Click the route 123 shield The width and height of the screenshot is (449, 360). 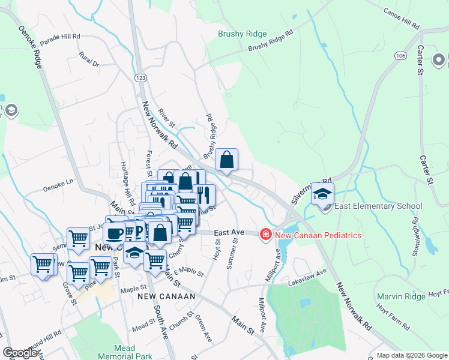tap(140, 78)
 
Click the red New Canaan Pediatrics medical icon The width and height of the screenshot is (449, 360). tap(265, 235)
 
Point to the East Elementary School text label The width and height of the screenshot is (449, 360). tap(379, 206)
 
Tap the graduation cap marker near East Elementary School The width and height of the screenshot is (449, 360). tap(322, 194)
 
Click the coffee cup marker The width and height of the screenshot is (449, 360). tap(114, 233)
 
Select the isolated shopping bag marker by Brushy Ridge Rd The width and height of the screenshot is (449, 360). tap(227, 160)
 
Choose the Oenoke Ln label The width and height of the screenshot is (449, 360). tap(58, 188)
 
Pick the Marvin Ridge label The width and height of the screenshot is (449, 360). tap(400, 296)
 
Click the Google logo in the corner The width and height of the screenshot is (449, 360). tap(20, 353)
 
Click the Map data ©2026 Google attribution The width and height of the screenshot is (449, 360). tap(411, 355)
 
